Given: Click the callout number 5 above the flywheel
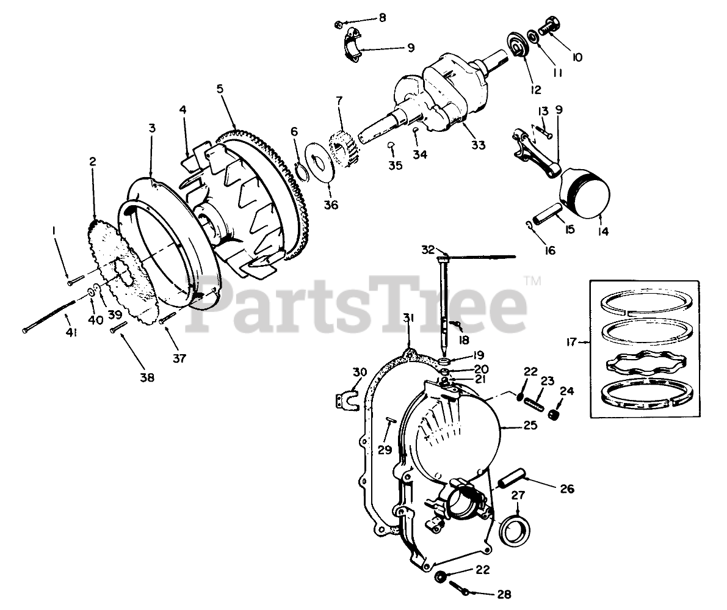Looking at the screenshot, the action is click(x=220, y=89).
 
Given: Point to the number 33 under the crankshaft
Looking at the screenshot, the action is click(x=478, y=145).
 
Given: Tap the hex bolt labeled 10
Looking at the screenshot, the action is click(x=549, y=26).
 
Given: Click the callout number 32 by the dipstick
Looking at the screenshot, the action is click(x=428, y=249).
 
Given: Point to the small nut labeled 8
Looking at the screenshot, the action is click(x=338, y=24).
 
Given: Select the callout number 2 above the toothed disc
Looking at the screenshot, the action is click(x=93, y=162).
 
